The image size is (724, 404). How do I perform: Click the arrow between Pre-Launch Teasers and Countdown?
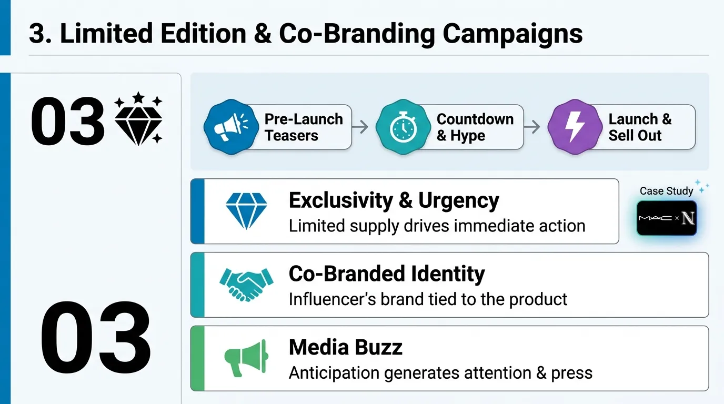pyautogui.click(x=360, y=127)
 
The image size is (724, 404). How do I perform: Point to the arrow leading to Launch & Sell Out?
pyautogui.click(x=532, y=127)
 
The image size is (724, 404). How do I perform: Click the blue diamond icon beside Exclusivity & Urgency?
pyautogui.click(x=246, y=211)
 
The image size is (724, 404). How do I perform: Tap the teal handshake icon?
pyautogui.click(x=246, y=284)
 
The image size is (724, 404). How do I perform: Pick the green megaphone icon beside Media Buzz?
pyautogui.click(x=246, y=358)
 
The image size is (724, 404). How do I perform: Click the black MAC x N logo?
pyautogui.click(x=667, y=218)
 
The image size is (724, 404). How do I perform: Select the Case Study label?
pyautogui.click(x=666, y=191)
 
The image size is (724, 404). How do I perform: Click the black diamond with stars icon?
pyautogui.click(x=138, y=119)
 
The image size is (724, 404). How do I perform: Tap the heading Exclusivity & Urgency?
pyautogui.click(x=394, y=200)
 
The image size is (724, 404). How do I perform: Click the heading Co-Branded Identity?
pyautogui.click(x=387, y=274)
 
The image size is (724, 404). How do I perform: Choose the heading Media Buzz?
pyautogui.click(x=346, y=347)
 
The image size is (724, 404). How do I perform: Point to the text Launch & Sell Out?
pyautogui.click(x=640, y=127)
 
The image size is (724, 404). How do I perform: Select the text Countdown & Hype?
pyautogui.click(x=475, y=127)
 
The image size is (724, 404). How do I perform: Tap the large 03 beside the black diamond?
pyautogui.click(x=67, y=121)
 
